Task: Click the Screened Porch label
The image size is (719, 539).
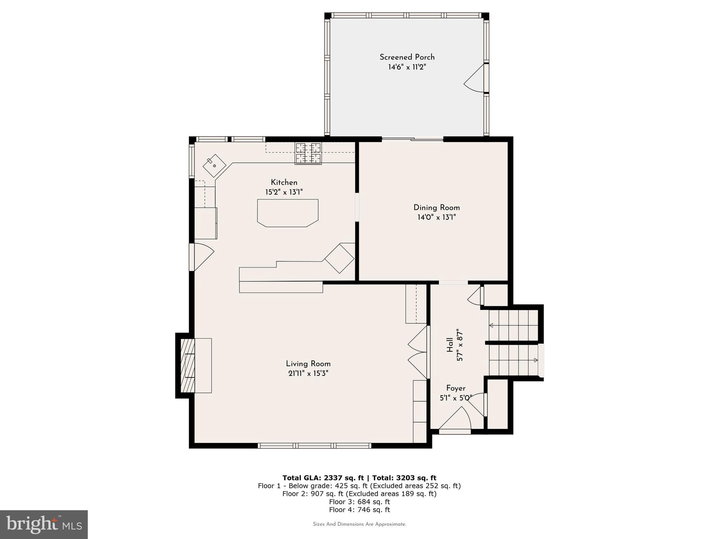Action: pos(407,57)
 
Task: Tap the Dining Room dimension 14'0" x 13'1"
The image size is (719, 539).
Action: pos(436,218)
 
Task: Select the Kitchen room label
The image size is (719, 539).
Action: pos(284,182)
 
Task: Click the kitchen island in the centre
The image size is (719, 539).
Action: pos(288,213)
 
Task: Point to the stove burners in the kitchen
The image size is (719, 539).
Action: pos(308,153)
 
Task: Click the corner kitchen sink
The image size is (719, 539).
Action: pos(214,166)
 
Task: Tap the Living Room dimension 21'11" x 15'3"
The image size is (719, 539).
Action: pos(308,374)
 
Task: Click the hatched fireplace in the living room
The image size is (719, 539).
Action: pos(187,365)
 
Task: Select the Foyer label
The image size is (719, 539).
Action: pos(456,388)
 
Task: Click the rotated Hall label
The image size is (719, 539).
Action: pos(450,345)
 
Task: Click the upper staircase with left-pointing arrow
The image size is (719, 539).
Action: pos(514,325)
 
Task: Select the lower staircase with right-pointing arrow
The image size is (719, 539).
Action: pos(514,360)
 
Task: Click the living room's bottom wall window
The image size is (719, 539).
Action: pos(314,446)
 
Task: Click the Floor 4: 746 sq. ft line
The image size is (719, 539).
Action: pos(359,510)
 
